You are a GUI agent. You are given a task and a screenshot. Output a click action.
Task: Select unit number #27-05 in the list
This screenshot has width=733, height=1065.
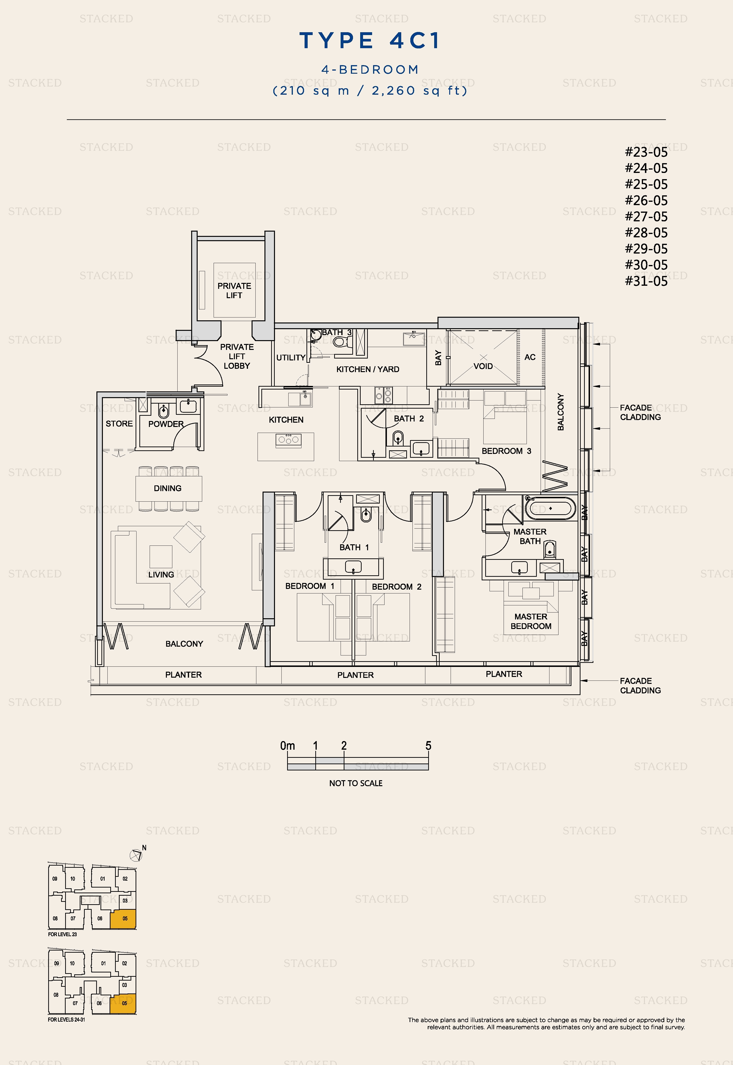point(646,217)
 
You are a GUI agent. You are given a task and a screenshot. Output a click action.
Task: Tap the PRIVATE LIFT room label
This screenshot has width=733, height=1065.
point(234,291)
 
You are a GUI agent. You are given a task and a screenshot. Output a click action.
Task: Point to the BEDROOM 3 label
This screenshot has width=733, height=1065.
point(506,451)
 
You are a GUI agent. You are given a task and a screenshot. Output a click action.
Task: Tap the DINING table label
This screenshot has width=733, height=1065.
point(168,488)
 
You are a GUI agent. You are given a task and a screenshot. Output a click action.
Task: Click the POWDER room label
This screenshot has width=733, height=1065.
point(166,424)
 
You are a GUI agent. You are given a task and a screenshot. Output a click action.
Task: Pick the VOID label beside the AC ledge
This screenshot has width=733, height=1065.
point(483,366)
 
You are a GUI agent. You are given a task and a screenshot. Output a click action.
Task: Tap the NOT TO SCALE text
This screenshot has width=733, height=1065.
point(356,783)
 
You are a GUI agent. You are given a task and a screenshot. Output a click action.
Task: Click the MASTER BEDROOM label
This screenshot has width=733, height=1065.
point(531,621)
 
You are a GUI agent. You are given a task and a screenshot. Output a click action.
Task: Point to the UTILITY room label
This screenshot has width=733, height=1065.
point(291,358)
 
